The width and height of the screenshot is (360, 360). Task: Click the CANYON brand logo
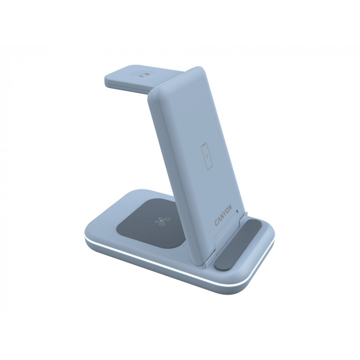(223, 214)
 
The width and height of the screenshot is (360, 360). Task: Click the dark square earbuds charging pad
(151, 223)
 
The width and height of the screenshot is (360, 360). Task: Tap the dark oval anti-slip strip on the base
(238, 244)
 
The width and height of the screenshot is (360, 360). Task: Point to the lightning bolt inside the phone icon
(206, 156)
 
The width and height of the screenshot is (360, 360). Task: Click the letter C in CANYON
(217, 223)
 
